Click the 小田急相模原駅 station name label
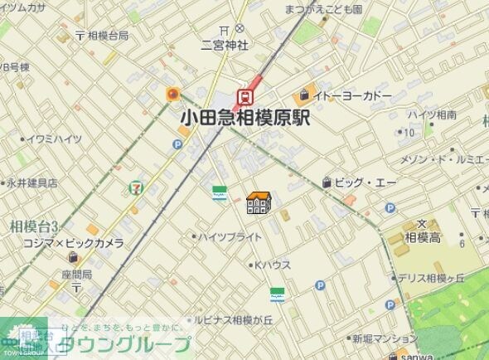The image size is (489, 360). click(244, 119)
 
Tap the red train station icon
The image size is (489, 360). click(245, 97)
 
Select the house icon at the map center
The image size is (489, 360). click(258, 202)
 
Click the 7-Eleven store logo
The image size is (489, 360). click(134, 188)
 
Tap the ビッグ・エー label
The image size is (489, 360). click(365, 182)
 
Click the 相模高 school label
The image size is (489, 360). click(422, 237)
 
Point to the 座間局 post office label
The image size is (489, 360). click(75, 274)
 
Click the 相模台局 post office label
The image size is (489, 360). click(108, 36)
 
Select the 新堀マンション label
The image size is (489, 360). click(385, 338)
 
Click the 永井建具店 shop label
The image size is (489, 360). click(32, 182)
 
